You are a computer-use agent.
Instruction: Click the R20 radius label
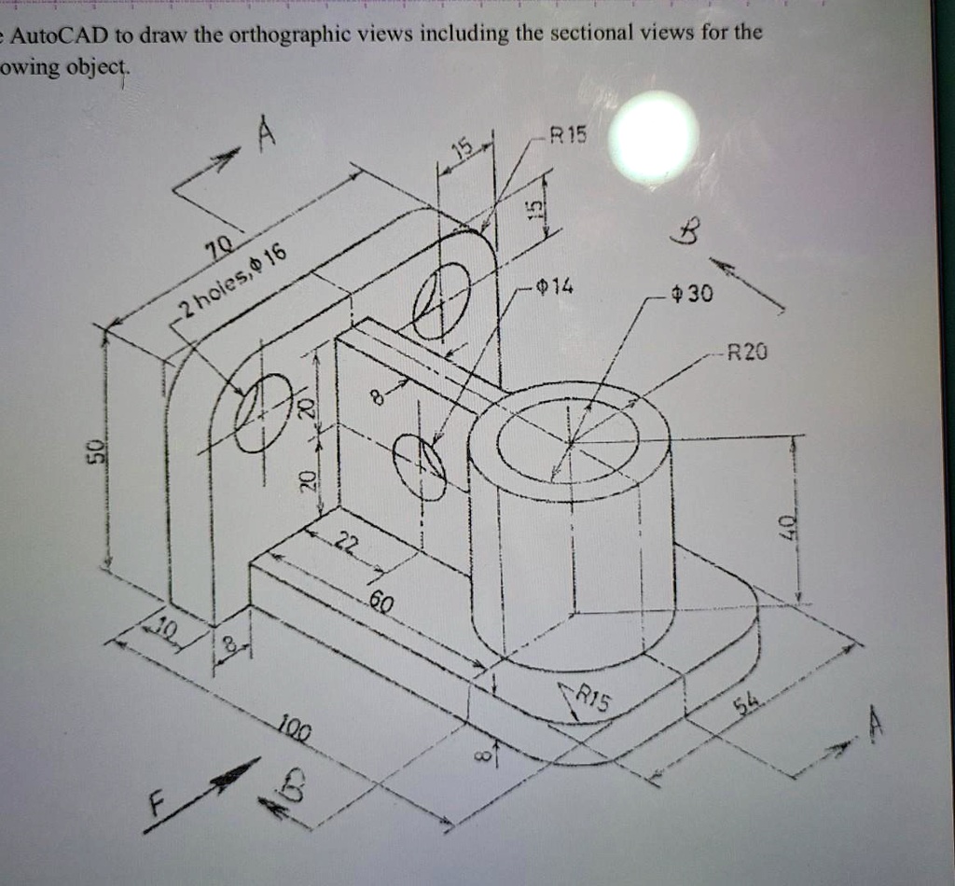click(x=746, y=353)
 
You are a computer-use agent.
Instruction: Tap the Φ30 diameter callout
click(x=693, y=296)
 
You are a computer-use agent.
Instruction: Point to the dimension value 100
click(x=293, y=725)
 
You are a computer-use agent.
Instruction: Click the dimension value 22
click(x=345, y=545)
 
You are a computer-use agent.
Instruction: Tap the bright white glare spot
click(x=654, y=136)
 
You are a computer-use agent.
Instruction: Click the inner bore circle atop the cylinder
click(x=568, y=440)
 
